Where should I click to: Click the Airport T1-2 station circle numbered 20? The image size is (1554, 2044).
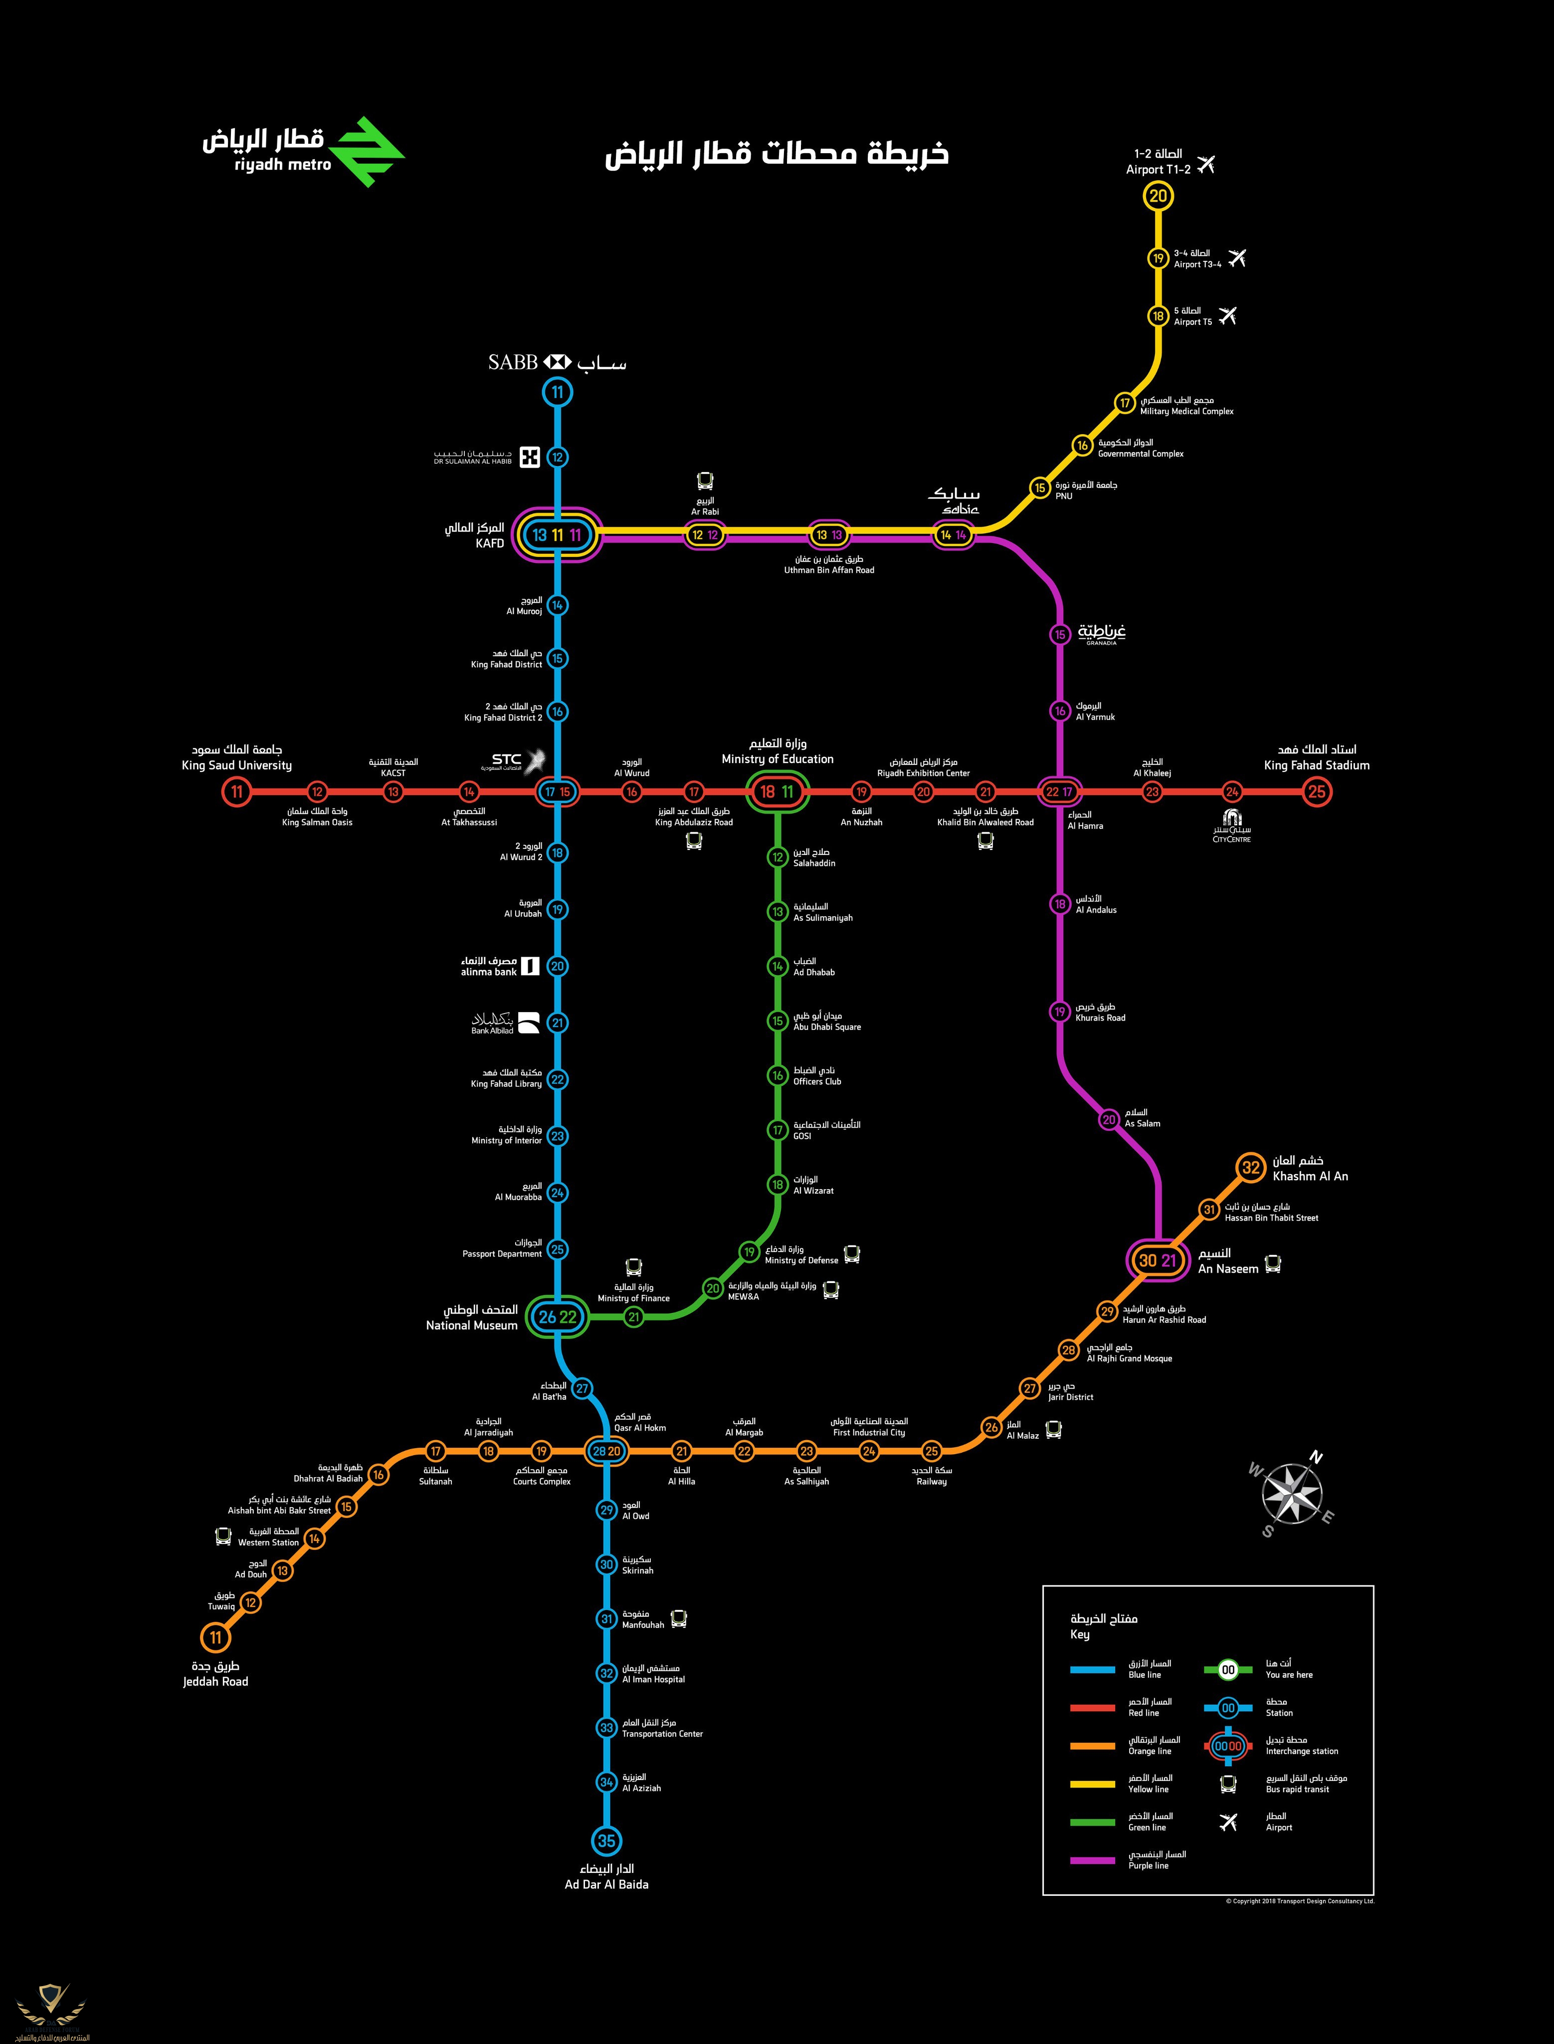tap(1158, 196)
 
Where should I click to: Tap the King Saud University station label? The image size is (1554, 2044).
tap(237, 758)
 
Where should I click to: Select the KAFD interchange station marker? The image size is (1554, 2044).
tap(557, 535)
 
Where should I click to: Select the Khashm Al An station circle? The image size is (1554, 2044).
tap(1251, 1168)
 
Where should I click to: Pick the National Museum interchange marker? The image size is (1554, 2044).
tap(557, 1317)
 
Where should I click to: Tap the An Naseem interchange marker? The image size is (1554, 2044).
tap(1157, 1260)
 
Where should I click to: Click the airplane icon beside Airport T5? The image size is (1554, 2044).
tap(1227, 315)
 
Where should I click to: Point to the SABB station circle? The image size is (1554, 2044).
tap(557, 392)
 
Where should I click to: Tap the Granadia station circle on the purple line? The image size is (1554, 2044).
tap(1060, 635)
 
